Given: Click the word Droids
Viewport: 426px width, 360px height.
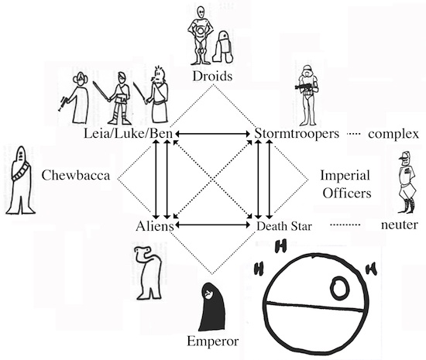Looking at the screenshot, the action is point(212,76).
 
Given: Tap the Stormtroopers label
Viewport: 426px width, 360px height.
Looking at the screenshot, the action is point(297,134).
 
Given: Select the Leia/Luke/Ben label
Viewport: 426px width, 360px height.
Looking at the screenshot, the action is point(129,134).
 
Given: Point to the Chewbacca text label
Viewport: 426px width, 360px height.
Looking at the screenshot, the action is point(76,175).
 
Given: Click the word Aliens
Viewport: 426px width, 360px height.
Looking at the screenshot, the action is point(155,226).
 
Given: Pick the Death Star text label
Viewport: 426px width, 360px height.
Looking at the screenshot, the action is point(284,226).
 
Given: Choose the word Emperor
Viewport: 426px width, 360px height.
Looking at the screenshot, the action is point(213,341).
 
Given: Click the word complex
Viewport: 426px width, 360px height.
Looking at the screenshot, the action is point(393,134).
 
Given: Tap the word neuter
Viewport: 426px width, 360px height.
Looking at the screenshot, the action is point(400,225).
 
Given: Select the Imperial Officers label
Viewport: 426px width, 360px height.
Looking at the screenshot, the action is point(346,184).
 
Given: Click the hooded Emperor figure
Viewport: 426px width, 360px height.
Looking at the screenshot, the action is point(212,307).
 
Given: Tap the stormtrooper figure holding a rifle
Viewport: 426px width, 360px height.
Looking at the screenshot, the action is point(307,95).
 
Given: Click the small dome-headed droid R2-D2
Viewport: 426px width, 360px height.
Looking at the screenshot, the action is point(223,46).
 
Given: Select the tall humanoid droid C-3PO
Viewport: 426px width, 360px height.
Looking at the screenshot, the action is point(201,36).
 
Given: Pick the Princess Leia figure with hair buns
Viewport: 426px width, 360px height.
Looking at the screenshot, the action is point(76,98).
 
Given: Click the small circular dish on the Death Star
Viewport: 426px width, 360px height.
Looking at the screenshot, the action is point(339,288).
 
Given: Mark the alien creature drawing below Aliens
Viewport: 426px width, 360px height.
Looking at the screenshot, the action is point(149,273).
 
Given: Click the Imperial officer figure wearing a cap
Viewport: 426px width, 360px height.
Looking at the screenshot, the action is point(407,182).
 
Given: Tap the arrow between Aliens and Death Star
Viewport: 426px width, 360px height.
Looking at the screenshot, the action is point(213,225).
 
